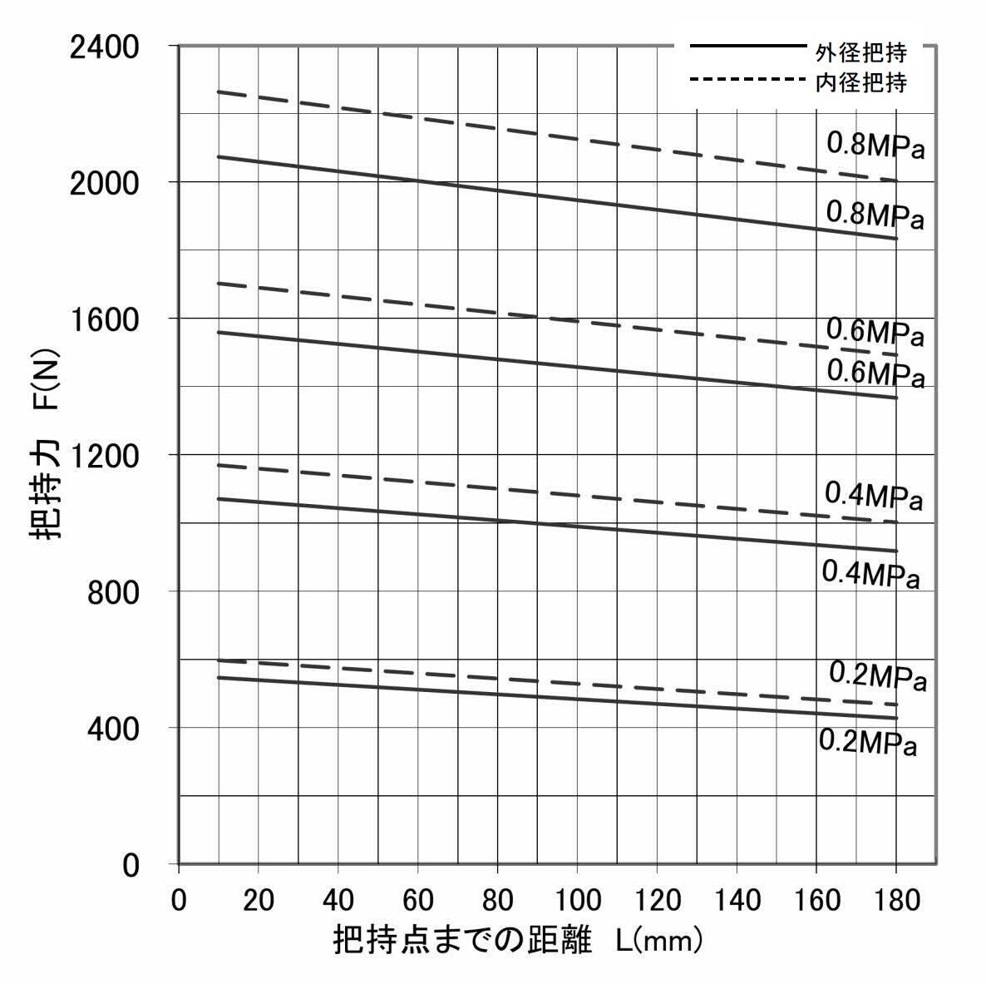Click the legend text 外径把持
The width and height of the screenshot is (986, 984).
pyautogui.click(x=860, y=53)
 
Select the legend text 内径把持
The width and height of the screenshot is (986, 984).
pyautogui.click(x=860, y=82)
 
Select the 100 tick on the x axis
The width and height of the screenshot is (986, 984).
pyautogui.click(x=577, y=900)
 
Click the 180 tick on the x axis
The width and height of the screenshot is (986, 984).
pyautogui.click(x=896, y=900)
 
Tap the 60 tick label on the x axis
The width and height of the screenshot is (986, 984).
pyautogui.click(x=418, y=900)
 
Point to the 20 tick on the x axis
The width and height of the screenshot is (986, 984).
pyautogui.click(x=259, y=900)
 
